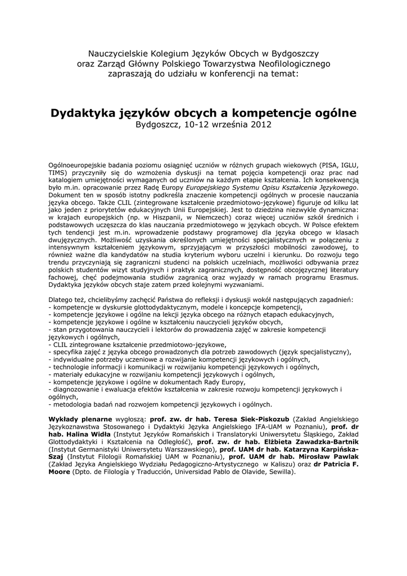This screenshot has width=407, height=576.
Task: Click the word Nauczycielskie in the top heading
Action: pyautogui.click(x=117, y=53)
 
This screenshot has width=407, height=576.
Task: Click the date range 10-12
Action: pyautogui.click(x=195, y=124)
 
